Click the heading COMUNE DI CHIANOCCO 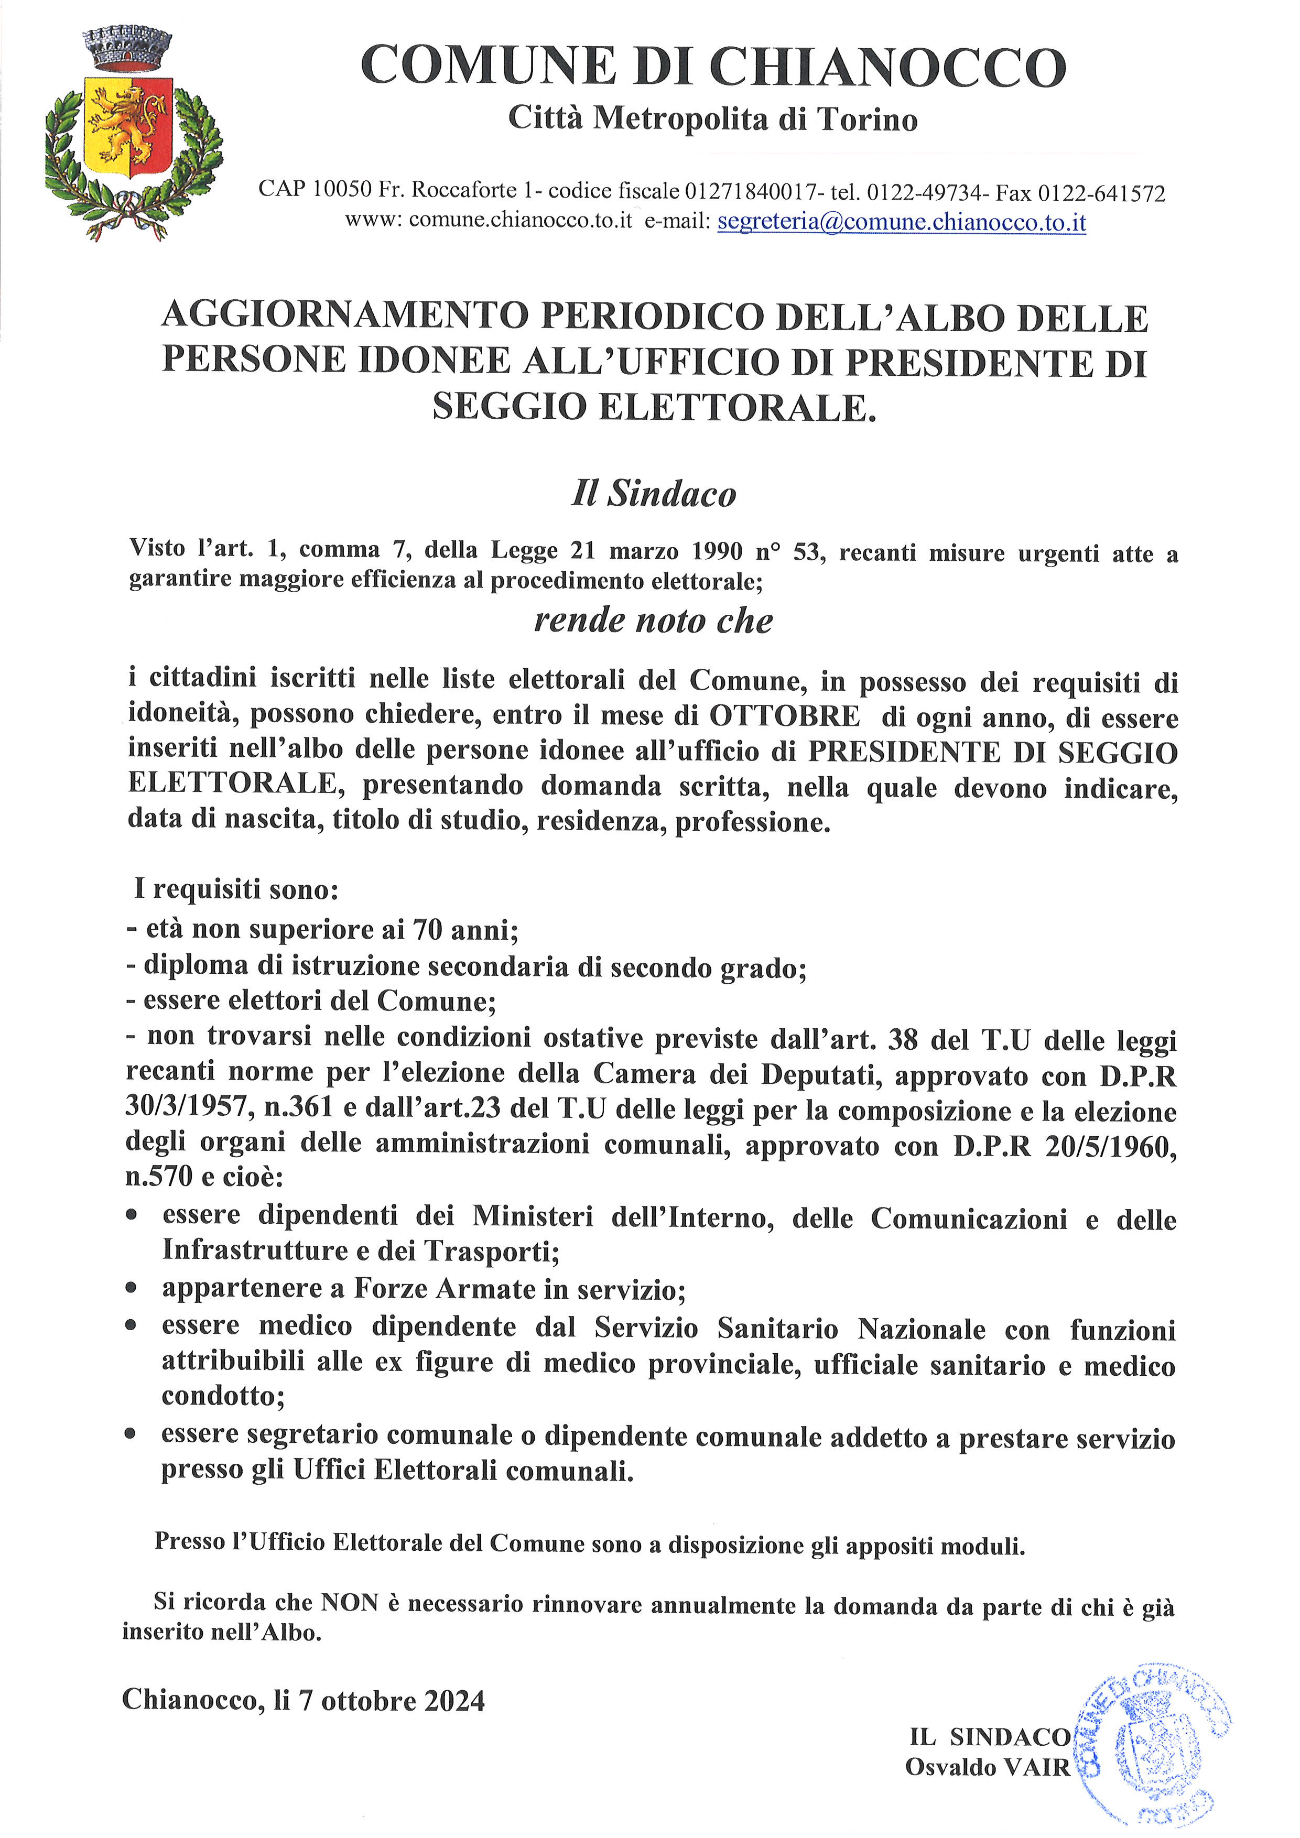coord(712,67)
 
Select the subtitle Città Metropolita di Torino coord(712,119)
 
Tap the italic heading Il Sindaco coord(653,493)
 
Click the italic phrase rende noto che coord(653,621)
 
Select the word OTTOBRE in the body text coord(785,715)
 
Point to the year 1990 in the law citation coord(717,551)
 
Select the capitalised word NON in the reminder coord(349,1602)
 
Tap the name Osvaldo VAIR coord(987,1767)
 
